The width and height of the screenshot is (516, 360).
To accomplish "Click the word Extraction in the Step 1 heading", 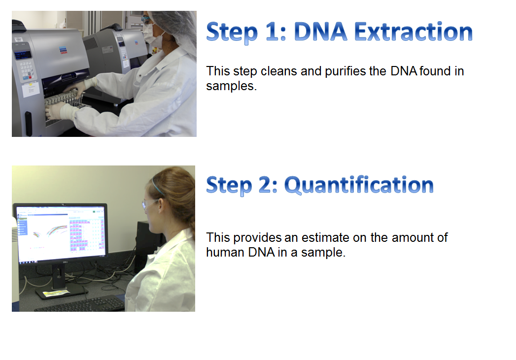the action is [413, 32].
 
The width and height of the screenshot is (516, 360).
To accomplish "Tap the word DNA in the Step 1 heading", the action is [320, 32].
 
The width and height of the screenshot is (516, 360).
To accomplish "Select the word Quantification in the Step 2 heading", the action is [359, 185].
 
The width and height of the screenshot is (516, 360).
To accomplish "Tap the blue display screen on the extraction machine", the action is [23, 55].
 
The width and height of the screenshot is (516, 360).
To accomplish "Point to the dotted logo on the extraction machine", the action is [63, 50].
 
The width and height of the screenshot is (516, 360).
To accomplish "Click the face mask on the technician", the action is [151, 35].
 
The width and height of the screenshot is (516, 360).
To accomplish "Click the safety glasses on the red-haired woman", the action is [150, 204].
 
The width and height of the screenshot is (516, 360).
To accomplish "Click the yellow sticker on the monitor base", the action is [56, 293].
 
